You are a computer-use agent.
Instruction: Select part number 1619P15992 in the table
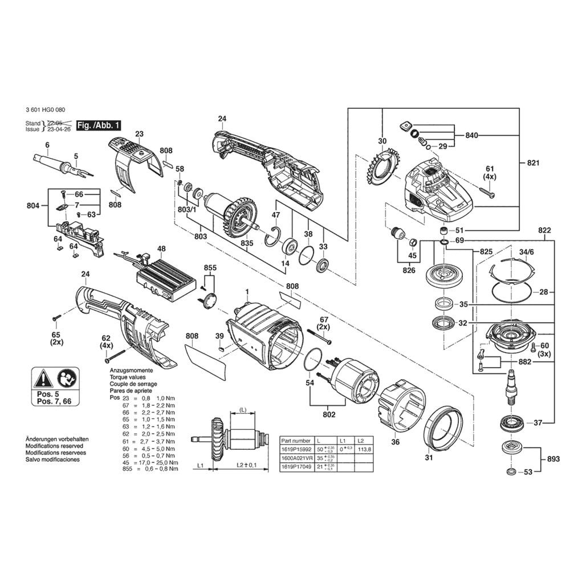[296, 449]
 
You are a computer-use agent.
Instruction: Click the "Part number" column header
[296, 441]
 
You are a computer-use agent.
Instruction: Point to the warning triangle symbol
[44, 378]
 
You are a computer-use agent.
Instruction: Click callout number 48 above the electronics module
[162, 249]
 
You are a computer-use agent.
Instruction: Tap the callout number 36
[395, 442]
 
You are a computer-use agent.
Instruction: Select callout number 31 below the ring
[429, 457]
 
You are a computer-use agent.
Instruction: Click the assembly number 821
[533, 163]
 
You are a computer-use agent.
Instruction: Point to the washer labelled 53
[509, 471]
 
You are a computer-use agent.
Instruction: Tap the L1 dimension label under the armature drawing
[200, 466]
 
